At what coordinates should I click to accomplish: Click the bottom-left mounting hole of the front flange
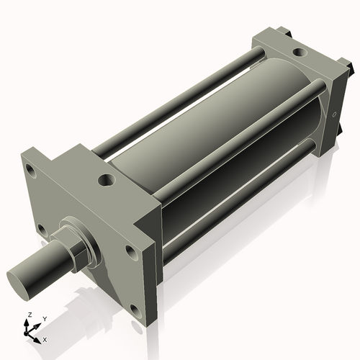(x=42, y=230)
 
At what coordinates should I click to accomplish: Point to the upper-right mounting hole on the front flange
(x=130, y=251)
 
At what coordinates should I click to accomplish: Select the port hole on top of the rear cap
(x=297, y=51)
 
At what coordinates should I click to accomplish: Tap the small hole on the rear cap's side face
(x=336, y=113)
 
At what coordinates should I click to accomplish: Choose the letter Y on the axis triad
(x=44, y=318)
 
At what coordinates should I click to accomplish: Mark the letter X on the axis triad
(x=45, y=338)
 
